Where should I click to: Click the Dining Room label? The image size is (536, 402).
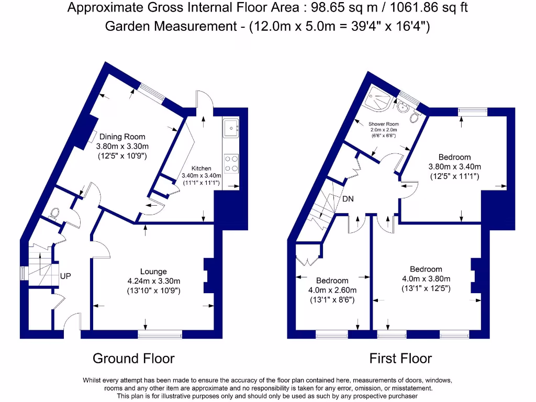(122, 137)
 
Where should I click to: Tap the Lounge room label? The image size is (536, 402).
(153, 271)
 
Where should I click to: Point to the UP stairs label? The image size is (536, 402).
(65, 276)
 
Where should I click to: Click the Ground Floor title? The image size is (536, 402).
(133, 359)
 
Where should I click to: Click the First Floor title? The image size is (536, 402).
(400, 359)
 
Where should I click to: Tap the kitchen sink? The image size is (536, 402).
(230, 127)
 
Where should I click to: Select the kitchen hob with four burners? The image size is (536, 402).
(231, 163)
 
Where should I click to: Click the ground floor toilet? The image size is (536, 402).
(53, 214)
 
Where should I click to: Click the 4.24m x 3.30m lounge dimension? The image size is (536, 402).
(153, 281)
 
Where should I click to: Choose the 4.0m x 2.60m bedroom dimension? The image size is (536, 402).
(332, 291)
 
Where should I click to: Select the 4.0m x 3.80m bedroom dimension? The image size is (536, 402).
(426, 279)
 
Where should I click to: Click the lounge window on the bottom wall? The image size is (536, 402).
(160, 333)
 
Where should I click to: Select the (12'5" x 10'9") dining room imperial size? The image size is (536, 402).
(122, 156)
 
